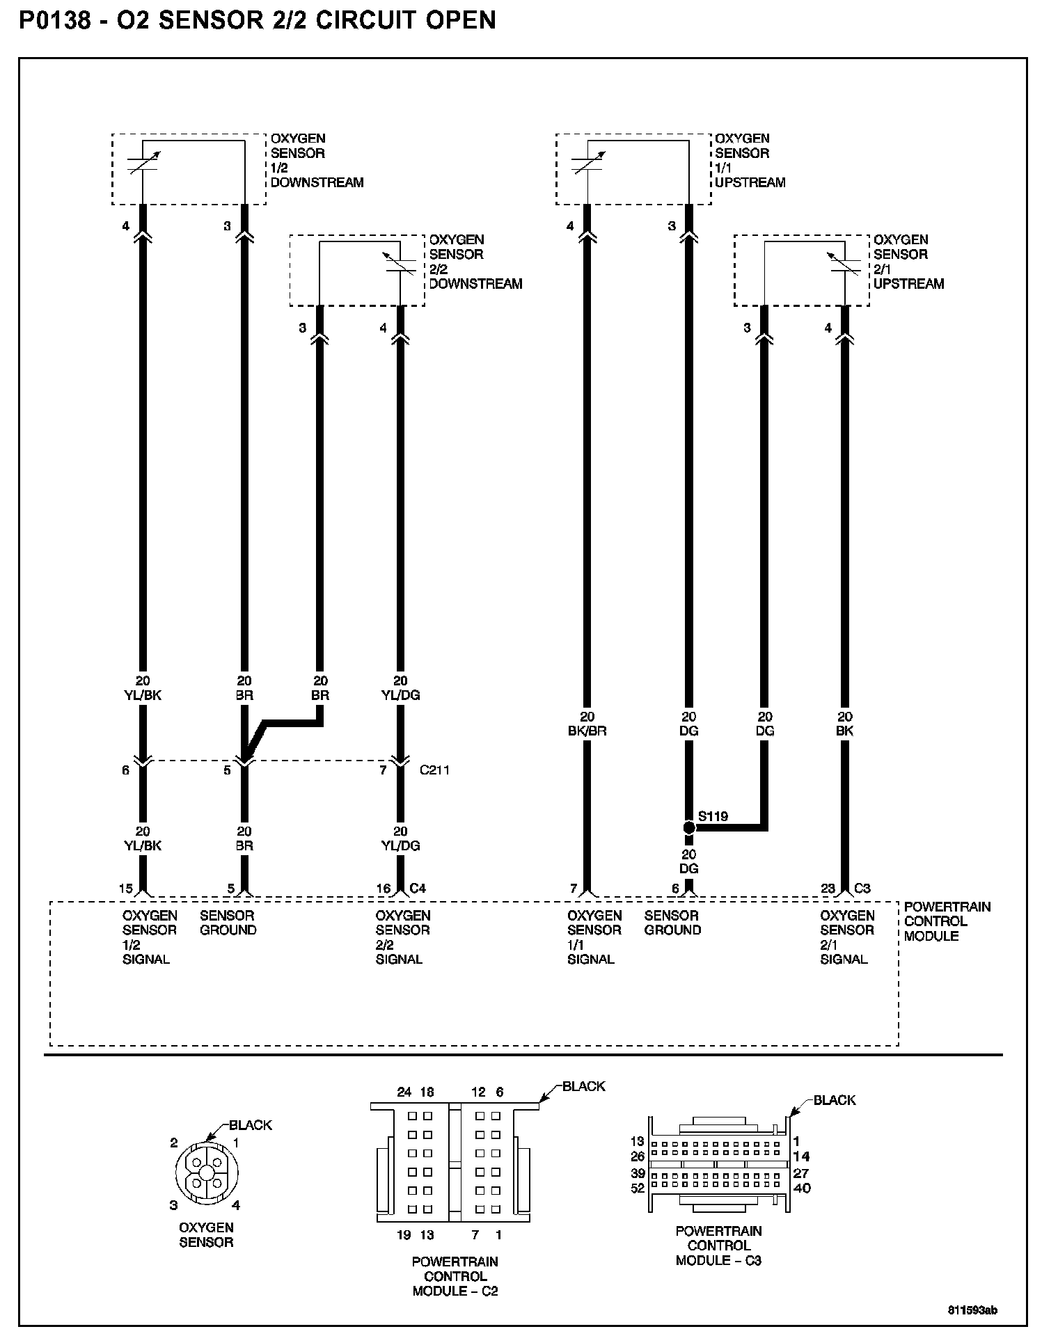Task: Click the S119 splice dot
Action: (688, 827)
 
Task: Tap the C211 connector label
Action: (434, 770)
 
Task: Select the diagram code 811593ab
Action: (972, 1310)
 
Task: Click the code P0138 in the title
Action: (55, 20)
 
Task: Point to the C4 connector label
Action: (418, 888)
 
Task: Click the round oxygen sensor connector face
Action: (206, 1172)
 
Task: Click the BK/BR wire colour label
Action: (587, 731)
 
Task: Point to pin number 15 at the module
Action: (125, 889)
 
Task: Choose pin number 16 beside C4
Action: (384, 889)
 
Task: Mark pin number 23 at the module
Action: (828, 889)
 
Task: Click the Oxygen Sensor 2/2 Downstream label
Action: (475, 262)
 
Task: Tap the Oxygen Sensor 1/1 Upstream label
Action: (750, 161)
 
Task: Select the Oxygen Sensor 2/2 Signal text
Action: (402, 937)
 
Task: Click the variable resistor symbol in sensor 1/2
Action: (143, 161)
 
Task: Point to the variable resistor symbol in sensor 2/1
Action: (844, 262)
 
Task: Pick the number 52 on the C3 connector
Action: (638, 1188)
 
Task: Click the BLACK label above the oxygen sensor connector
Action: (251, 1125)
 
